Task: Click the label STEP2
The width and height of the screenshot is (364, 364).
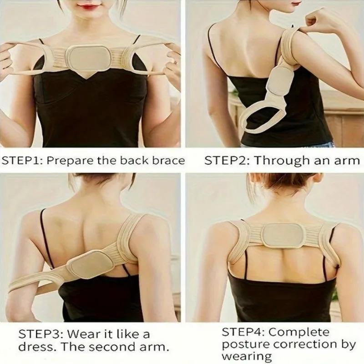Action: (x=224, y=160)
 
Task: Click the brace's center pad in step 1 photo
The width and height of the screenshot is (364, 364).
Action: (x=88, y=58)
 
